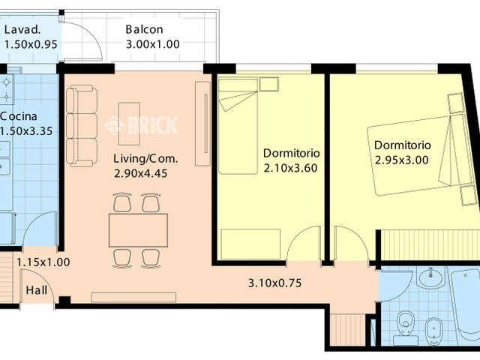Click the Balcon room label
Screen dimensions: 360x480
coord(144,30)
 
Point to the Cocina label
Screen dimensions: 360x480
coord(16,117)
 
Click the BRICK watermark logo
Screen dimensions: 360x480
coord(142,124)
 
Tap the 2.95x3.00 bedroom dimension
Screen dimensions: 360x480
coord(402,159)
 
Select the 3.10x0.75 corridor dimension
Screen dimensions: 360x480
coord(274,283)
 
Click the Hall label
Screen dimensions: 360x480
coord(35,290)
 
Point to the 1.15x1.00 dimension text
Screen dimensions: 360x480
coord(43,262)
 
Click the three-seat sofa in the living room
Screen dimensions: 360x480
coord(82,127)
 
